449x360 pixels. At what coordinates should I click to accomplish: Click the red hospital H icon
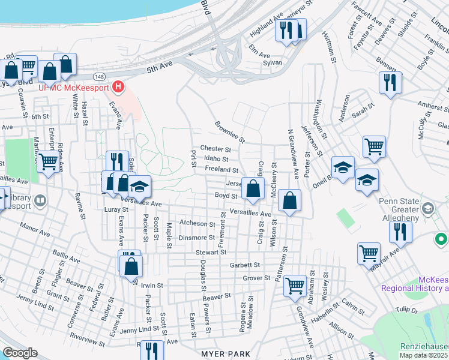(118, 87)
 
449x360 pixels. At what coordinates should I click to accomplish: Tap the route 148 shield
(100, 77)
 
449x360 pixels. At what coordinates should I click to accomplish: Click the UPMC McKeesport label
(74, 88)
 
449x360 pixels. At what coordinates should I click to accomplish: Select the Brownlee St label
(231, 132)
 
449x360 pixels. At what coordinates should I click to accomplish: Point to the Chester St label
(215, 149)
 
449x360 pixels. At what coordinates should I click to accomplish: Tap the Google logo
(20, 352)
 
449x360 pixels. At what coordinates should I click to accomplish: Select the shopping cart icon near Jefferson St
(374, 146)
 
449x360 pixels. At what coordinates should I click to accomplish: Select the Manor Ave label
(34, 229)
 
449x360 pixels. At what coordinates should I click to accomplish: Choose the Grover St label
(257, 278)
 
